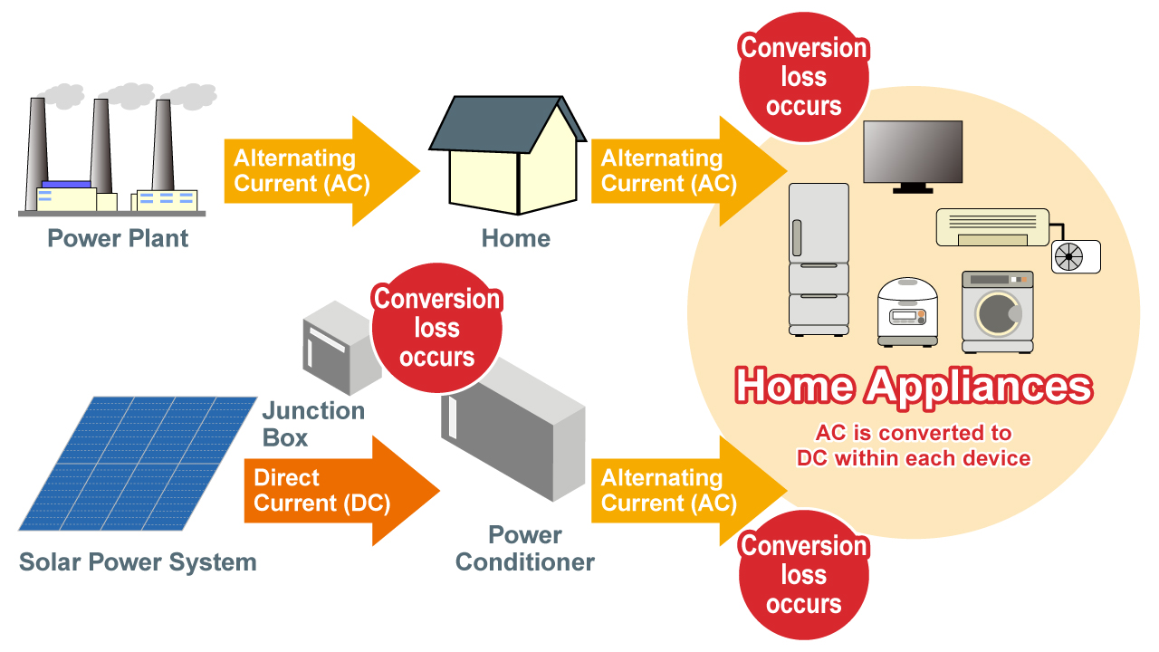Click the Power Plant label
coord(118,238)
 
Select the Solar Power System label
coord(138,561)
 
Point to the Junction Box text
coord(313,424)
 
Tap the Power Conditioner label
coord(524,548)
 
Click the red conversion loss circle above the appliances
coord(804,77)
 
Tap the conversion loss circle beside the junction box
coord(437,328)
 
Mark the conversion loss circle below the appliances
coord(804,575)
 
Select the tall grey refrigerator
coord(819,258)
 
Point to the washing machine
coord(997,312)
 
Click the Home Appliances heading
coord(913,387)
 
